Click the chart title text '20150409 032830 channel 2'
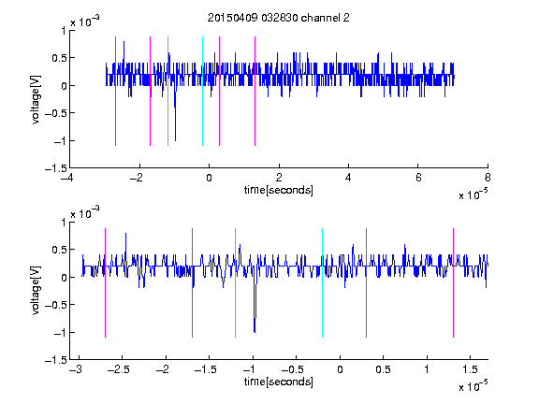[x=279, y=18]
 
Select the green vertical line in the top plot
[x=168, y=91]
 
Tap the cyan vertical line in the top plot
[x=202, y=91]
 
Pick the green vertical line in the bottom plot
[x=235, y=282]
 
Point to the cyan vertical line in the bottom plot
[x=322, y=282]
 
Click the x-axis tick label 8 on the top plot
[x=488, y=178]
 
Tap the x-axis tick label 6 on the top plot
[x=418, y=178]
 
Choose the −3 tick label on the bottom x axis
[x=75, y=369]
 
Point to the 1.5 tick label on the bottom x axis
[x=470, y=369]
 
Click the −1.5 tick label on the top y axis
[x=56, y=168]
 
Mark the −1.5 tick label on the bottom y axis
[x=56, y=360]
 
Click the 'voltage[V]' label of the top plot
[x=36, y=100]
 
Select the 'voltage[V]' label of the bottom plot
[x=36, y=290]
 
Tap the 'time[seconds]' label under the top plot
[x=279, y=190]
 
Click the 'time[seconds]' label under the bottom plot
[x=279, y=382]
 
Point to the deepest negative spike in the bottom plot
[x=255, y=331]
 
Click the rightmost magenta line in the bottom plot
[x=453, y=282]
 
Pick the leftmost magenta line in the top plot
[x=115, y=91]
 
